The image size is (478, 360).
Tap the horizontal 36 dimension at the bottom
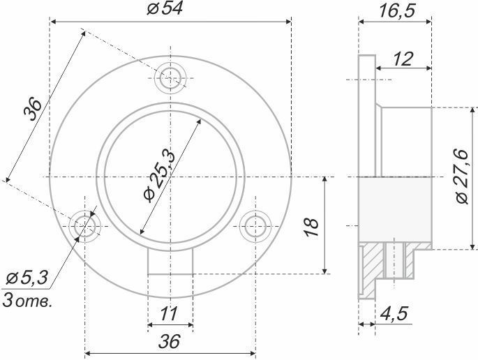pos(170,341)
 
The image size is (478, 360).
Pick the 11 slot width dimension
pos(169,314)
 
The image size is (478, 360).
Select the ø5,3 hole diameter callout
pos(24,278)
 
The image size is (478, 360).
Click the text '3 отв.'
pos(27,301)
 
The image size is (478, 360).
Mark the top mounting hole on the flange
pos(170,78)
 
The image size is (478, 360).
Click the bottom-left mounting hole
pos(85,225)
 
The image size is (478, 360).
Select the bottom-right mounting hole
pos(255,225)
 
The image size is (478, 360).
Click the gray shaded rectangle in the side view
pos(394,209)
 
